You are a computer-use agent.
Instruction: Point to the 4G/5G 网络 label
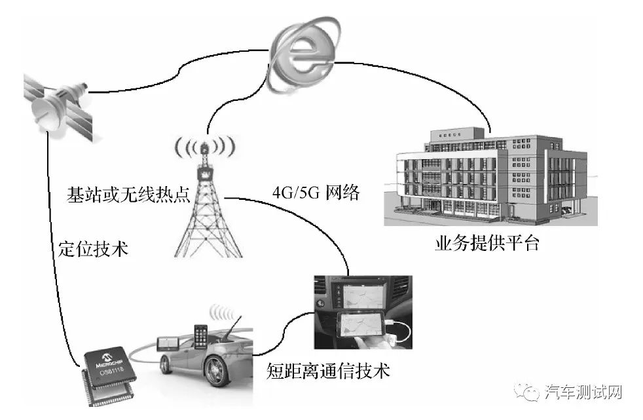[x=316, y=194]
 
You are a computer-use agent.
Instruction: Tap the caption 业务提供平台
[x=487, y=244]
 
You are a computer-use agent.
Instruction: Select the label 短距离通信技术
[x=328, y=372]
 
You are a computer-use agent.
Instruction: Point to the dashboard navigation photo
[x=362, y=312]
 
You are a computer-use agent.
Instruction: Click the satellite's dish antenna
[x=46, y=109]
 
